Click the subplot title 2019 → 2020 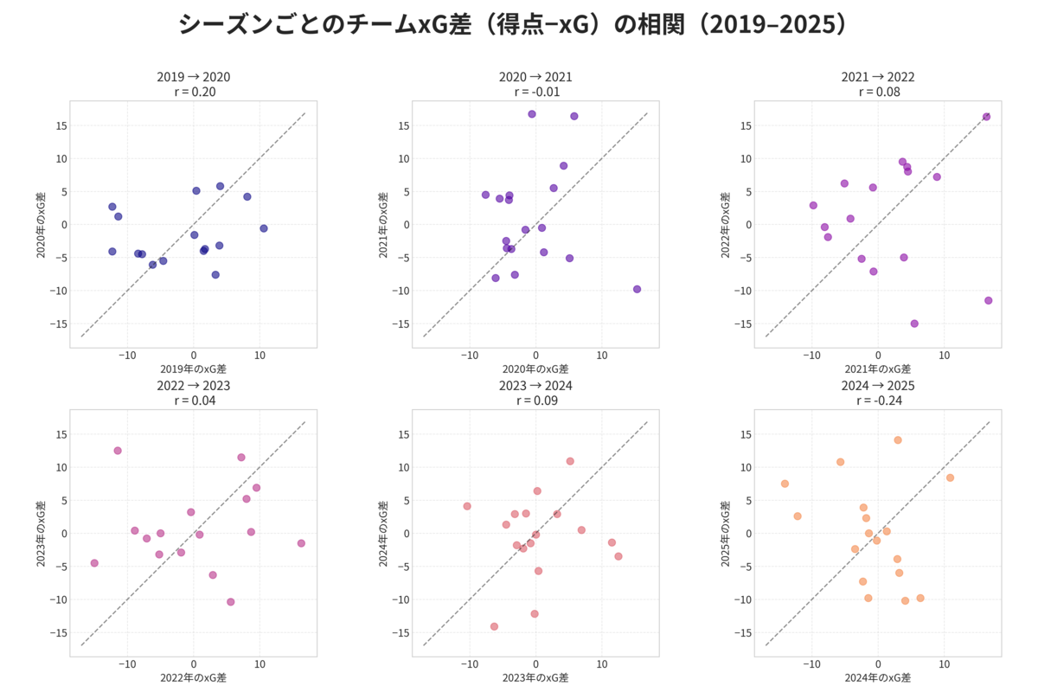click(194, 77)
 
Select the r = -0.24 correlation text click(878, 400)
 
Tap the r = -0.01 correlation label click(535, 92)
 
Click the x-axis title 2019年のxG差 click(193, 369)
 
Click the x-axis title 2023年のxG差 click(535, 678)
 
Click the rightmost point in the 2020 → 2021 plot click(637, 289)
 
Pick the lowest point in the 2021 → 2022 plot click(914, 324)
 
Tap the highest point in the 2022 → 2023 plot click(118, 451)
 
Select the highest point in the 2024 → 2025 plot click(898, 440)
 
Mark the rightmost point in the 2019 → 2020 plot click(264, 228)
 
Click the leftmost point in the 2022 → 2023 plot click(94, 563)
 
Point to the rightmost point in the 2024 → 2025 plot click(950, 477)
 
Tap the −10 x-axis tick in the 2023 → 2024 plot click(469, 664)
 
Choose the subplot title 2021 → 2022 click(878, 77)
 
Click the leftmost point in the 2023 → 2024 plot click(467, 506)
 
